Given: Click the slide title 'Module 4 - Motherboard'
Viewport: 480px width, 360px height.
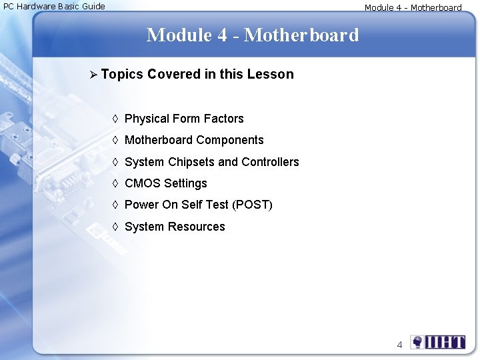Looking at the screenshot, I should (x=252, y=35).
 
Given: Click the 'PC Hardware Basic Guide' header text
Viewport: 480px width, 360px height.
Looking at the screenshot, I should (x=54, y=6).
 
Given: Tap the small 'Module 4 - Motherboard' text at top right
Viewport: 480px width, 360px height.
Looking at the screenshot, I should (x=413, y=8).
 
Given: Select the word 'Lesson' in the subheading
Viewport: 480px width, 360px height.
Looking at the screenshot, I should (x=270, y=74).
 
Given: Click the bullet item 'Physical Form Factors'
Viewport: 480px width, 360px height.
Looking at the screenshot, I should (x=184, y=119).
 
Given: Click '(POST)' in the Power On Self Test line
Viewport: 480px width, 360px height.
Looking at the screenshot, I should (x=252, y=205).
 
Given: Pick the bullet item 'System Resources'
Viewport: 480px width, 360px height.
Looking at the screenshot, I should (x=175, y=227).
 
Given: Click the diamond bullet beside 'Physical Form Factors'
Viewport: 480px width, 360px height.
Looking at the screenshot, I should (x=115, y=119).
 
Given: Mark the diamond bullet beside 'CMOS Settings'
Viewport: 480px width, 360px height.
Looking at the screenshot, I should (x=115, y=183).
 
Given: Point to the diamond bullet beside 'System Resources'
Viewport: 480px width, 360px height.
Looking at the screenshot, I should (x=115, y=227).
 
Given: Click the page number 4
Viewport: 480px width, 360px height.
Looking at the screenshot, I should (x=399, y=345).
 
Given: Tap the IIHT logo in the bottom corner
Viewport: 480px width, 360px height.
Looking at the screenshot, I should (x=438, y=343).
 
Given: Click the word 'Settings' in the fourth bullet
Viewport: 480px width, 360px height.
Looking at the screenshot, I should (x=185, y=183).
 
